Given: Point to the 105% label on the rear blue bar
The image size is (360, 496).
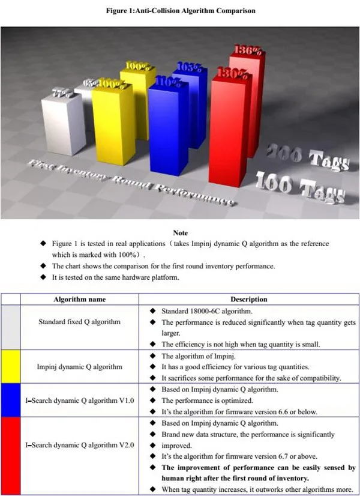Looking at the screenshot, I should (x=189, y=67).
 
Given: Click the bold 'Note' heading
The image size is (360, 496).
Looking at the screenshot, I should (x=180, y=233).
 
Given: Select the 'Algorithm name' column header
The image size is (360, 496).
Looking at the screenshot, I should (x=79, y=299).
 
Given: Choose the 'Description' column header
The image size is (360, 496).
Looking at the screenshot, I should (x=249, y=299).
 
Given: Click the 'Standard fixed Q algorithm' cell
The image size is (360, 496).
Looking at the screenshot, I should (x=79, y=322).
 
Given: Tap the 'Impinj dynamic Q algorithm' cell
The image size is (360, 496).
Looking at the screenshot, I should (x=79, y=366).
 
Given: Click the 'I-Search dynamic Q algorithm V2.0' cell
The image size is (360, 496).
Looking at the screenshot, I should (x=79, y=446).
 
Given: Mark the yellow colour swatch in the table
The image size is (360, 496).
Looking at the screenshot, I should (x=11, y=366).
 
